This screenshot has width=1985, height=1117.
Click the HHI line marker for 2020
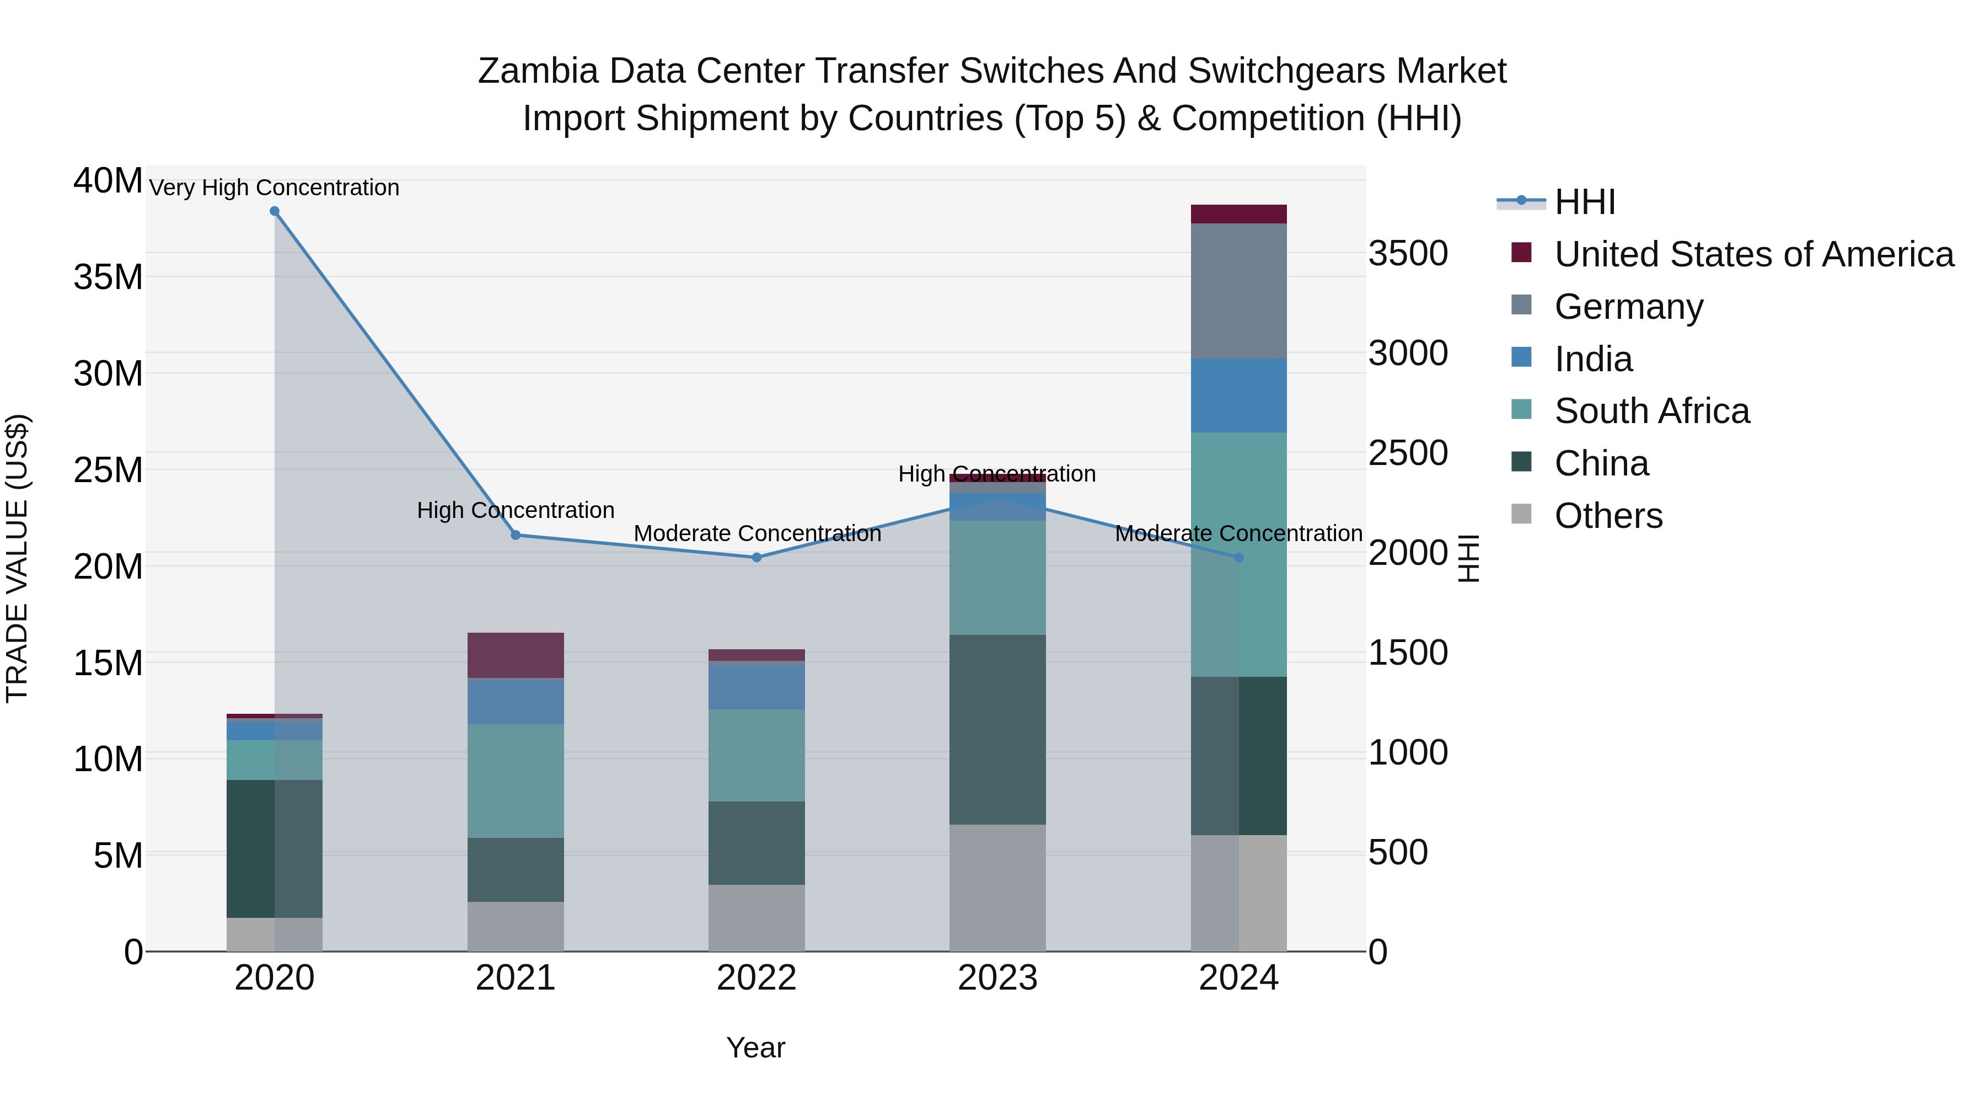tap(275, 211)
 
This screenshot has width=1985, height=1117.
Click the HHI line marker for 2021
tap(516, 535)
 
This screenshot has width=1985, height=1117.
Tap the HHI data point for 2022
tap(757, 557)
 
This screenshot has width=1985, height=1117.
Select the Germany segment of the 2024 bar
tap(1238, 291)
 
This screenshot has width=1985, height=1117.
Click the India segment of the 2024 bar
tap(1238, 396)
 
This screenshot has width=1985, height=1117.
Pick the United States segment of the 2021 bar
tap(516, 655)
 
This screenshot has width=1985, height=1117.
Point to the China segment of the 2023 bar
tap(997, 729)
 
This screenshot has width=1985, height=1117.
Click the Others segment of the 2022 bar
tap(757, 917)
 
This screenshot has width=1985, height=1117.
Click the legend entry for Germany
tap(1628, 307)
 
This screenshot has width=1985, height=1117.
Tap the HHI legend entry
tap(1584, 202)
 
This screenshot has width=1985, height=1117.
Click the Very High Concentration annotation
tap(275, 188)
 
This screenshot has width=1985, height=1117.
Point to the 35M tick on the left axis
tap(108, 277)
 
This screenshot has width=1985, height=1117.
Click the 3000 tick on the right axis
tap(1408, 353)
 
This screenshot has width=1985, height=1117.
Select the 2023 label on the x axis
tap(997, 978)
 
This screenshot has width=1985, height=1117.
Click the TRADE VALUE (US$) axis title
tap(17, 558)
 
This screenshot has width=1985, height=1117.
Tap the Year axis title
tap(755, 1047)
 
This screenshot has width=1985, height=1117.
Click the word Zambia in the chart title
tap(538, 71)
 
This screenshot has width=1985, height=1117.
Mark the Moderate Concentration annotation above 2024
tap(1238, 533)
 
